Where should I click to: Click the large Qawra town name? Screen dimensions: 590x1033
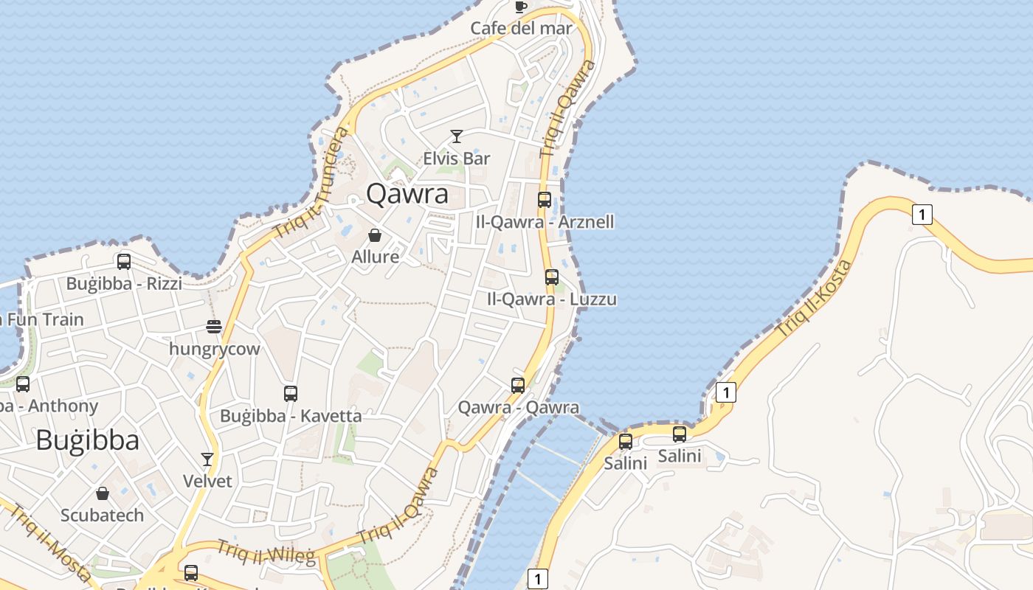click(407, 194)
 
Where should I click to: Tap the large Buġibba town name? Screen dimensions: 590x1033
click(87, 440)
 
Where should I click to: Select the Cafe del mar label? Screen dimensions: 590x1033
click(521, 28)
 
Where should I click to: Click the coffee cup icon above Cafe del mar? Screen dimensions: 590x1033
click(520, 7)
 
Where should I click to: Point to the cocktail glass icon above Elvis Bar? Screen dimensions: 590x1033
click(457, 136)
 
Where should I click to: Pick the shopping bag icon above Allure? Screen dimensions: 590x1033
click(375, 235)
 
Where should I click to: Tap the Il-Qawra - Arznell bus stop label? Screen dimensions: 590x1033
click(545, 222)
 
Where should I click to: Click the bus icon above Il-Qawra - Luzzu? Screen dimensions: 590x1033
click(551, 277)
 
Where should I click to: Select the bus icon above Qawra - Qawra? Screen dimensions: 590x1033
click(518, 386)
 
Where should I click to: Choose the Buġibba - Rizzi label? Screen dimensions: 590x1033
click(124, 283)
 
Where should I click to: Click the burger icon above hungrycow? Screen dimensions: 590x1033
click(214, 327)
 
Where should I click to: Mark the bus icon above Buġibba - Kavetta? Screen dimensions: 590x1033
click(291, 394)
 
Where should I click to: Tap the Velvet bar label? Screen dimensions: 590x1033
click(207, 481)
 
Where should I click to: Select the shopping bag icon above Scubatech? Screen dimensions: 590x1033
click(103, 493)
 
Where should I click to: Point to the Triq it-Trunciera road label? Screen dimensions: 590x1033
click(311, 181)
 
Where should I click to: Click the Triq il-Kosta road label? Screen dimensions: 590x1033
click(815, 299)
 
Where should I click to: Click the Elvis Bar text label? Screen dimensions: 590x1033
click(457, 158)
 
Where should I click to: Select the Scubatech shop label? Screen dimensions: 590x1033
click(102, 515)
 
